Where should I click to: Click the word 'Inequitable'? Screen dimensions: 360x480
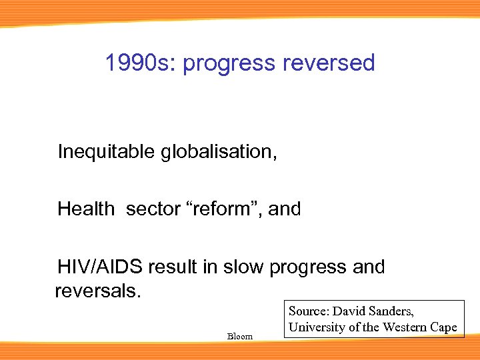click(107, 152)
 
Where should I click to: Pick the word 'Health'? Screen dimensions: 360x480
click(86, 209)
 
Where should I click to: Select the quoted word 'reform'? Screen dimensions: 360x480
click(227, 209)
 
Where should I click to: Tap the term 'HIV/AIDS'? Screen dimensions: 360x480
click(100, 267)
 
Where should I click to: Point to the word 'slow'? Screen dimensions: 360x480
click(243, 267)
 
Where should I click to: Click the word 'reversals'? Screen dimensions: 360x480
click(96, 292)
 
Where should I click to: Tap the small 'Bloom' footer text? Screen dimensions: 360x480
click(240, 336)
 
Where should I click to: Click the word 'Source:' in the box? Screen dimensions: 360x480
click(309, 311)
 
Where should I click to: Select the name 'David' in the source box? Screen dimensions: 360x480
click(349, 311)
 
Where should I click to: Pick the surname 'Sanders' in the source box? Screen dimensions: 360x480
click(391, 311)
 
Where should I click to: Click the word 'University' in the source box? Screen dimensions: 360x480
click(316, 327)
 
